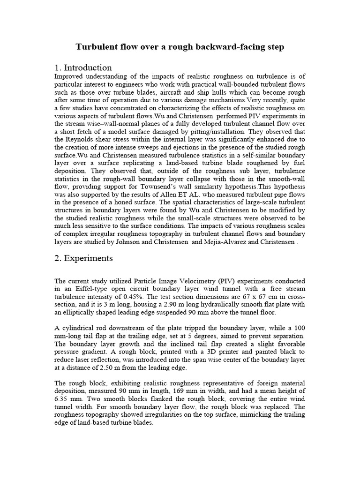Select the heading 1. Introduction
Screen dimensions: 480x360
coord(83,67)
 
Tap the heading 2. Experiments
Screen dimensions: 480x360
coord(84,258)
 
